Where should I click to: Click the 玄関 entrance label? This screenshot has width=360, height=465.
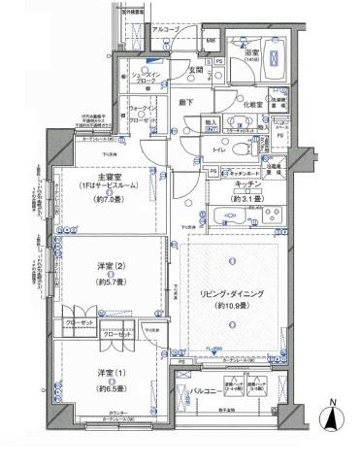click(x=195, y=69)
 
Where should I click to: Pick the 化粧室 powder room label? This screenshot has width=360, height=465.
click(x=228, y=105)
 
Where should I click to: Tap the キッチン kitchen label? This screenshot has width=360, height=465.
click(x=245, y=183)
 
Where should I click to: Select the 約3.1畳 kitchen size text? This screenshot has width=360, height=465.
click(x=245, y=198)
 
